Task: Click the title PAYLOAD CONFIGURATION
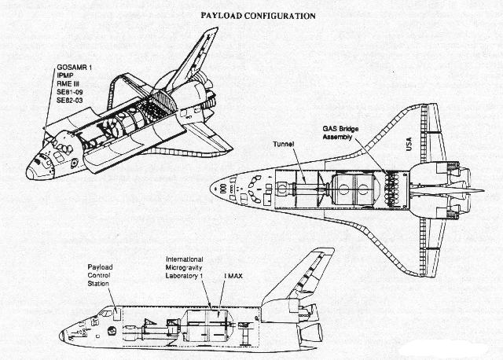pos(259,16)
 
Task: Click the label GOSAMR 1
pos(75,68)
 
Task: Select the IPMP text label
pos(65,75)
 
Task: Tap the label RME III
pos(68,84)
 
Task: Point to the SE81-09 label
pos(70,93)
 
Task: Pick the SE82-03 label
pos(70,101)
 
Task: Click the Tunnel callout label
pos(284,145)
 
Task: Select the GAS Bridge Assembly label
pos(340,133)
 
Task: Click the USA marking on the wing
pos(409,144)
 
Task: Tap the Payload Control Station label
pos(100,275)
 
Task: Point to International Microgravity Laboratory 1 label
pos(185,267)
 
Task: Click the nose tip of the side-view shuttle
pos(61,336)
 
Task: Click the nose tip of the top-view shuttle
pos(211,189)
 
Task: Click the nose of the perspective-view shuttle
pos(30,174)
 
